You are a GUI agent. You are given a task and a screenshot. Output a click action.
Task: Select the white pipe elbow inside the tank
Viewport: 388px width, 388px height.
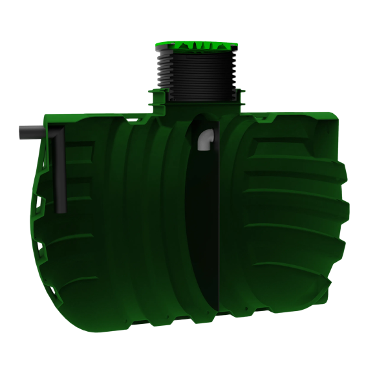pyautogui.click(x=205, y=140)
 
